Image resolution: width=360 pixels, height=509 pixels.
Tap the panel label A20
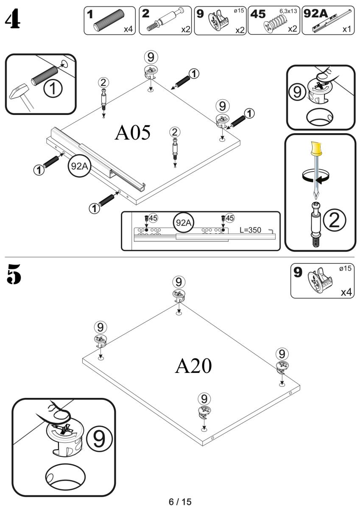193,366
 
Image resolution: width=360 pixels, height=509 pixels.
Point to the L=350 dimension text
254,230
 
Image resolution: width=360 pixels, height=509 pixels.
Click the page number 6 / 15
180,502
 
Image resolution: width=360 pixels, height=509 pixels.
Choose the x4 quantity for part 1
128,29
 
